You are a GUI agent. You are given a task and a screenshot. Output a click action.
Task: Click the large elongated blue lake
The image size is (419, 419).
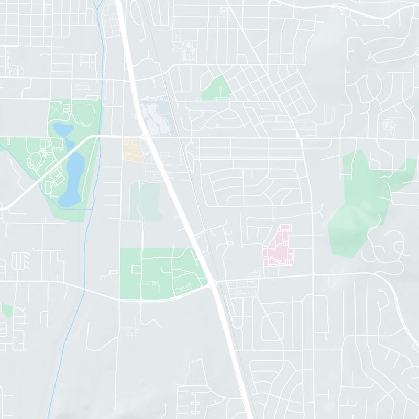click(x=72, y=178)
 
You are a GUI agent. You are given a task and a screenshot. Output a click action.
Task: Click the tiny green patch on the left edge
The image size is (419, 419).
click(x=6, y=310)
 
